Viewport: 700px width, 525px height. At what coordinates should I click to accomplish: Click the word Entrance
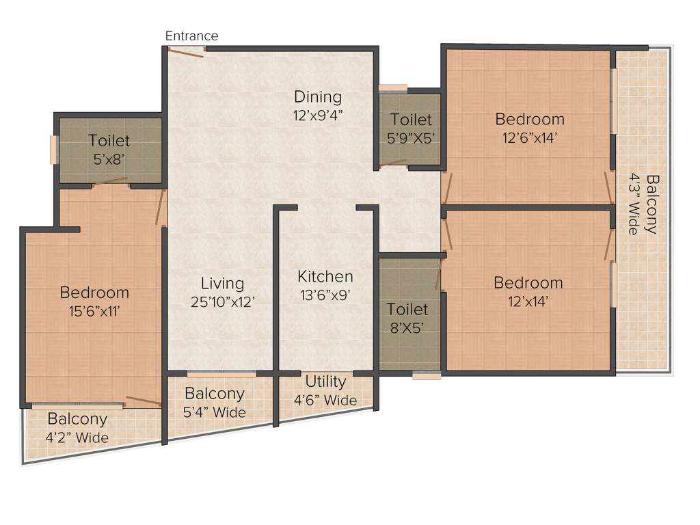pos(192,36)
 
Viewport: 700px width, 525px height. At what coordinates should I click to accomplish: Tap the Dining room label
pos(318,96)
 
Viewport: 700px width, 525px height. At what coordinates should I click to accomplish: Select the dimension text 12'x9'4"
pos(318,114)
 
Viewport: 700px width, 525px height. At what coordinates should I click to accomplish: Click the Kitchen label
pos(325,277)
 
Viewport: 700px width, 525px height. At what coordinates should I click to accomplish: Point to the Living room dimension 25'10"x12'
pos(223,301)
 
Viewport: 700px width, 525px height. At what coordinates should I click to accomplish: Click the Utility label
pos(325,381)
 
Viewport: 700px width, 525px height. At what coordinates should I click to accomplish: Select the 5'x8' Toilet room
pos(109,150)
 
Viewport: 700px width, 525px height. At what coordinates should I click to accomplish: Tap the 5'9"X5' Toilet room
pos(411,129)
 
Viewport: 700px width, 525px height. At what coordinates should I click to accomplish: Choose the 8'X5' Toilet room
pos(408,318)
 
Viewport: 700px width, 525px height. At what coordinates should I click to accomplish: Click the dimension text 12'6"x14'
pos(530,137)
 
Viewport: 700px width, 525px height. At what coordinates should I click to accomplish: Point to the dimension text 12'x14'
pos(528,301)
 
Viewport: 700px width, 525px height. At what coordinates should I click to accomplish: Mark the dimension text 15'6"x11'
pos(94,311)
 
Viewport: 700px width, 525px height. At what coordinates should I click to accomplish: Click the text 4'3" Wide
pos(634,204)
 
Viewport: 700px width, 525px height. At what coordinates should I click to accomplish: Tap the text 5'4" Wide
pos(215,412)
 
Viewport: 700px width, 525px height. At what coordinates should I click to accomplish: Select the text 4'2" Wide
pos(77,437)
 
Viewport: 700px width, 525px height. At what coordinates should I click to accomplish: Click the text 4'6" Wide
pos(325,400)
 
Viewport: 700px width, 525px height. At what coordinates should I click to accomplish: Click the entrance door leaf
pos(186,52)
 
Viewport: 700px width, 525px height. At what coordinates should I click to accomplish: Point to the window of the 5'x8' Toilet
pos(53,150)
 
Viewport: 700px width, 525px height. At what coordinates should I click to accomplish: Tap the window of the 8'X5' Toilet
pos(427,375)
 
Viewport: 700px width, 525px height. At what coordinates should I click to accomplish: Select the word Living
pos(222,283)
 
